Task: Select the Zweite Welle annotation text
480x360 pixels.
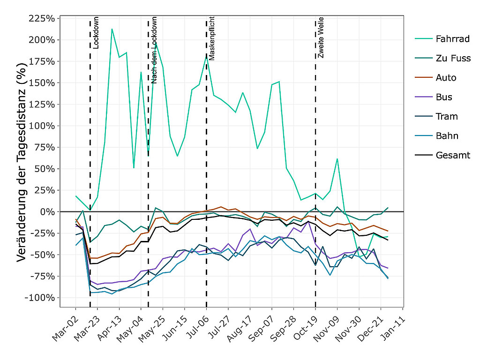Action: coord(321,37)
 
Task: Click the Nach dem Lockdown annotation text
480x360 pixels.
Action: coord(154,50)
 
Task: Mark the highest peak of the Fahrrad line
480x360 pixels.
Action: coord(112,29)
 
